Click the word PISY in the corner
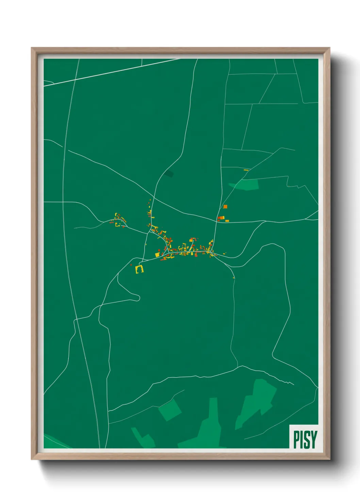coord(305,439)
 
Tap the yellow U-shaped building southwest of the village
coord(140,269)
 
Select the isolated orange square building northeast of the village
coord(225,206)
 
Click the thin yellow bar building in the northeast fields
coord(246,170)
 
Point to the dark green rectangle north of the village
coord(169,174)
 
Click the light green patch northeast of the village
coord(246,185)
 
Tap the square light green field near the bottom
coord(170,410)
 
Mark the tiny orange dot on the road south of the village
coord(233,278)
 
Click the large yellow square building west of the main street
coord(158,254)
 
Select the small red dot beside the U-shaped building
coord(131,265)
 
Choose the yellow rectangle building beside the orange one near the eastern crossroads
coord(227,221)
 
